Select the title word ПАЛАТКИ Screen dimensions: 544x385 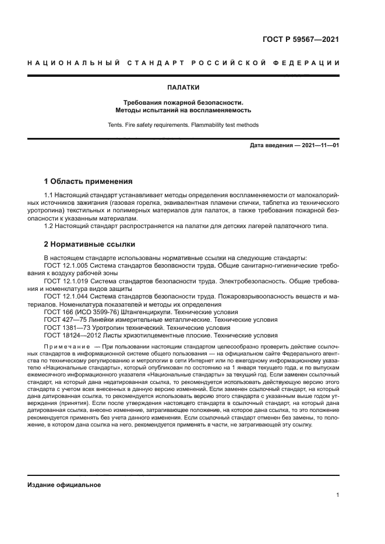pyautogui.click(x=183, y=88)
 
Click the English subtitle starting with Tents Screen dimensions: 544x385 pyautogui.click(x=183, y=125)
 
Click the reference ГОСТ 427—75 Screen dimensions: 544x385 pyautogui.click(x=64, y=319)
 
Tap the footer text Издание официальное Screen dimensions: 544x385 pyautogui.click(x=64, y=485)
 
